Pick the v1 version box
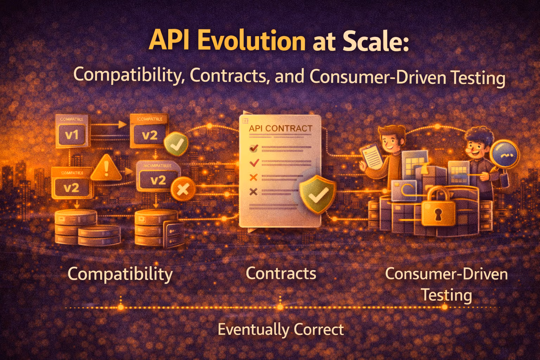tap(72, 135)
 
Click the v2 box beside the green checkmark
tap(149, 135)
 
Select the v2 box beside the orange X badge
tap(158, 180)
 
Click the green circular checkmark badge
tap(176, 144)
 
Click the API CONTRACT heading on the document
tap(281, 128)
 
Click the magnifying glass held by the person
tap(506, 154)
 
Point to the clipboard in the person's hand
tap(372, 157)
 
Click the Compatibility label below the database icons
tap(120, 274)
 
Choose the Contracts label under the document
tap(281, 273)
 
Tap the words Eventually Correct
tap(281, 329)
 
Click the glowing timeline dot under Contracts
tap(280, 307)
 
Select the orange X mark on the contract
tap(253, 177)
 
